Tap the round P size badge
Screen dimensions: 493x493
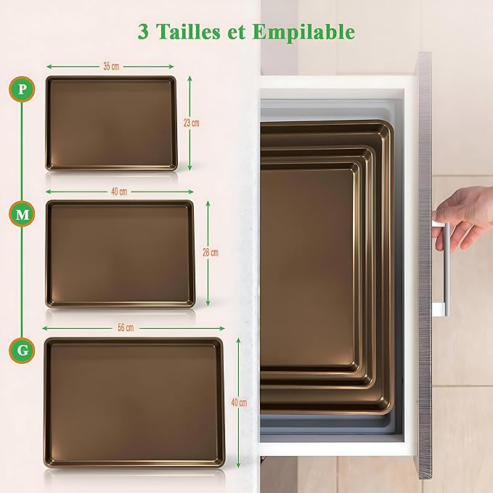[x=23, y=89]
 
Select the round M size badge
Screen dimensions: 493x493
[x=23, y=214]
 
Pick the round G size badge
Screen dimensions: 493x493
[x=23, y=351]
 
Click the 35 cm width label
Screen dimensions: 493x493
[x=110, y=67]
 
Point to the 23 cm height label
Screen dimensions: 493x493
[x=191, y=123]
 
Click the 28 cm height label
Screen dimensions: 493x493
[x=210, y=253]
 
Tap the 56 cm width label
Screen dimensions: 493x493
[x=126, y=327]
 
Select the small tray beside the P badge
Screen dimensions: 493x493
[x=111, y=123]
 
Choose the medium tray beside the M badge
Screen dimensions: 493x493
[x=120, y=253]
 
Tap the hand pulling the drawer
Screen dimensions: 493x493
[x=465, y=215]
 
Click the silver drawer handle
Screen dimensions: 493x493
[x=444, y=269]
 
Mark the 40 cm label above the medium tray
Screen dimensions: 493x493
[x=119, y=192]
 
